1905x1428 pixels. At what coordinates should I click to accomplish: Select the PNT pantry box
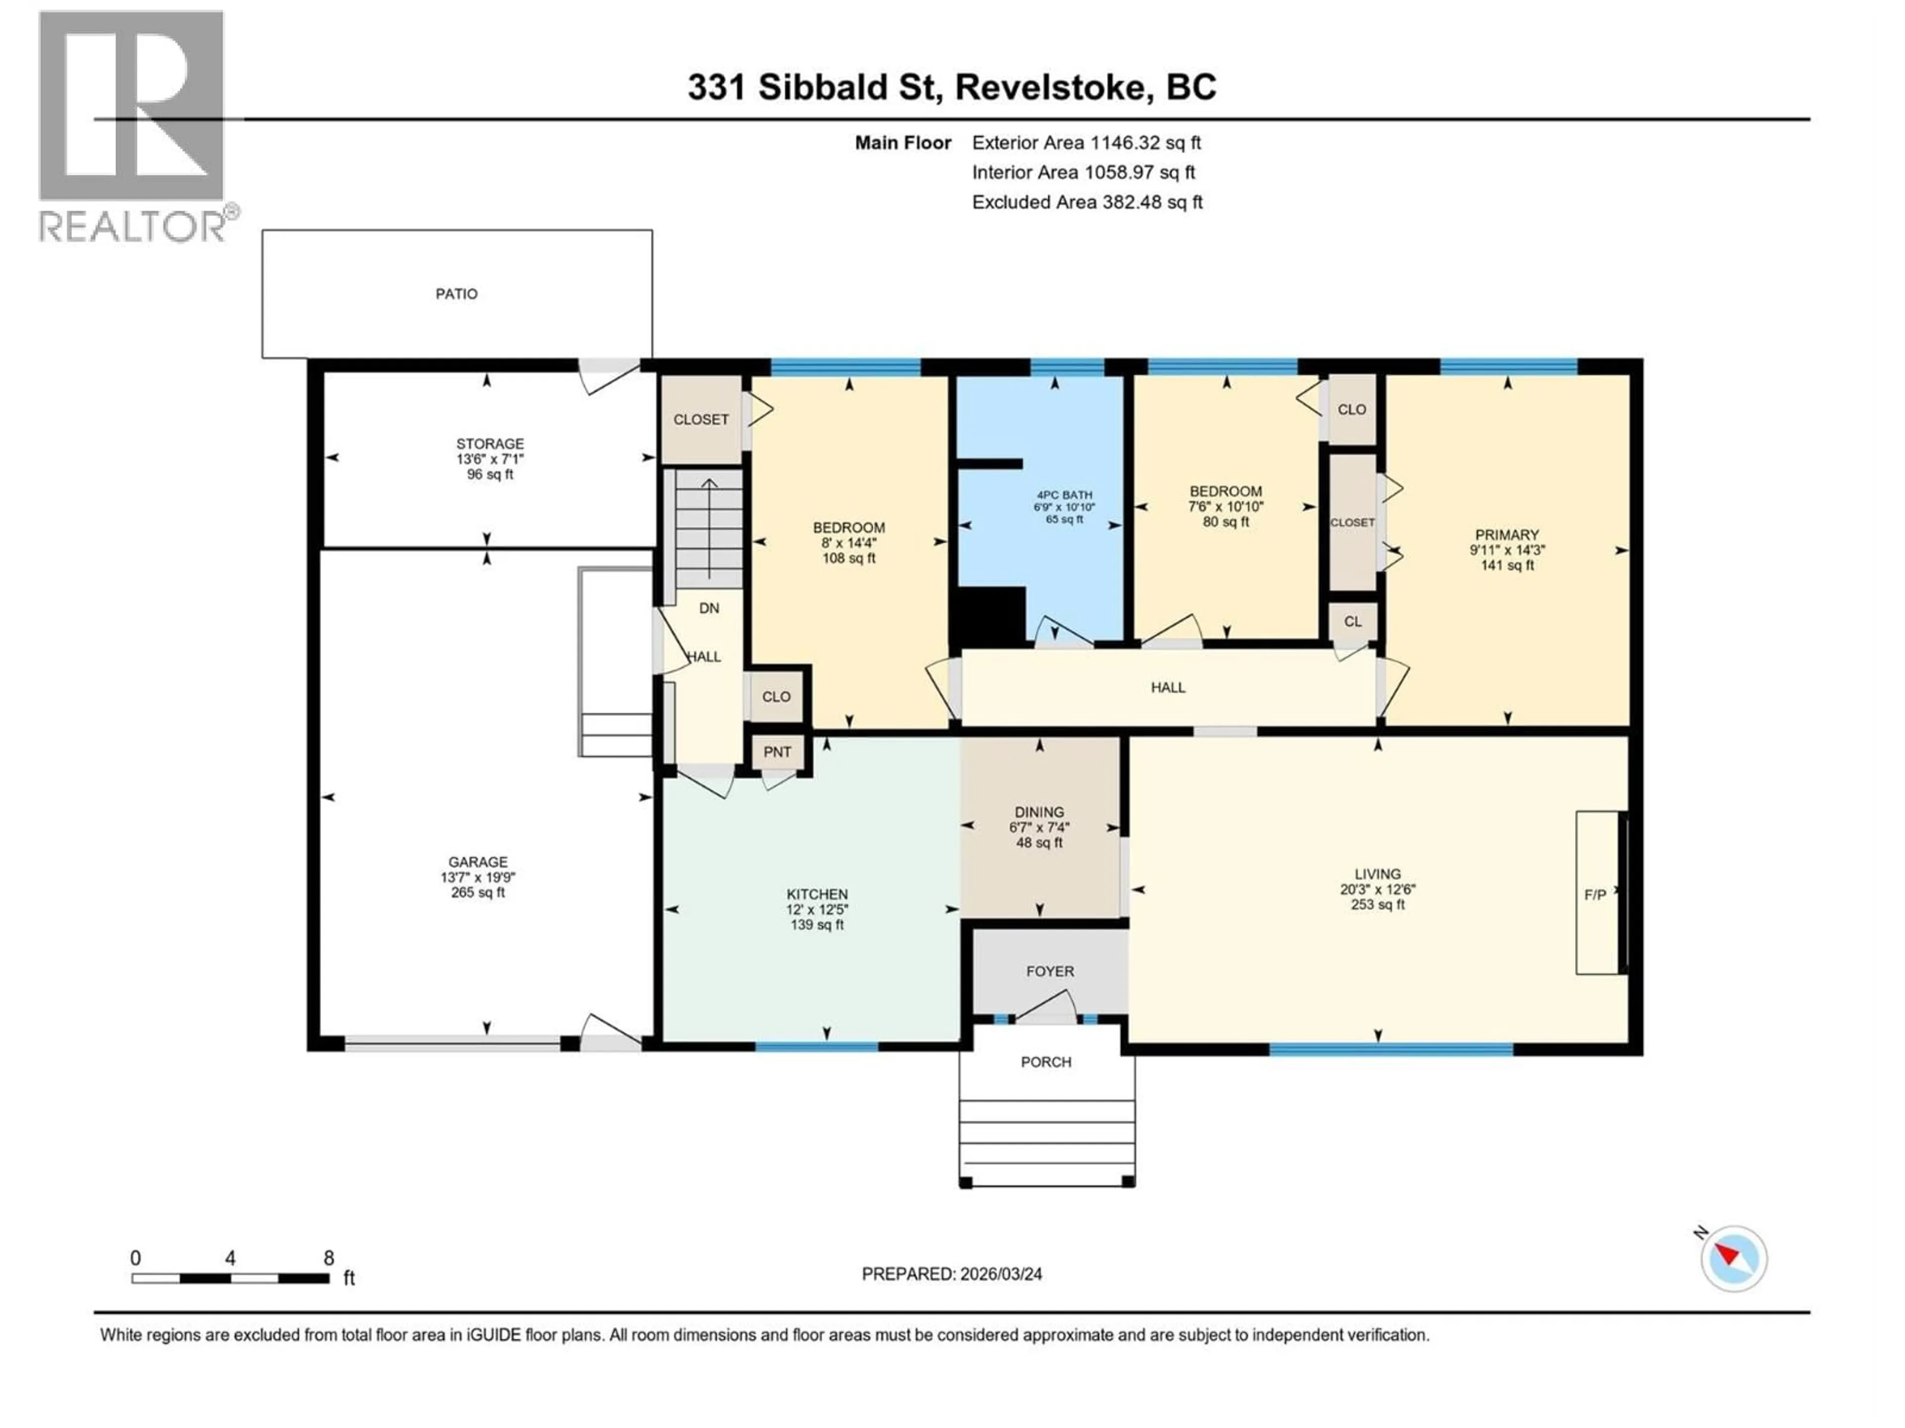tap(777, 752)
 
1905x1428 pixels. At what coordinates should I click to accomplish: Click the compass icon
tap(1734, 1258)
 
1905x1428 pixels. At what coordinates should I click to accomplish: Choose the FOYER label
tap(1050, 971)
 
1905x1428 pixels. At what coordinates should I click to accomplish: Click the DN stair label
tap(709, 608)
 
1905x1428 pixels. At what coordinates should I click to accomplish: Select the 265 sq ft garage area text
tap(478, 892)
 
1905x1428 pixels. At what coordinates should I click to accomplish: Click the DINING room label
tap(1039, 812)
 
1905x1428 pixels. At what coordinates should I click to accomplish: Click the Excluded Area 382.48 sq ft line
tap(1087, 202)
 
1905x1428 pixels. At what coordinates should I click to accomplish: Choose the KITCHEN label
tap(817, 894)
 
